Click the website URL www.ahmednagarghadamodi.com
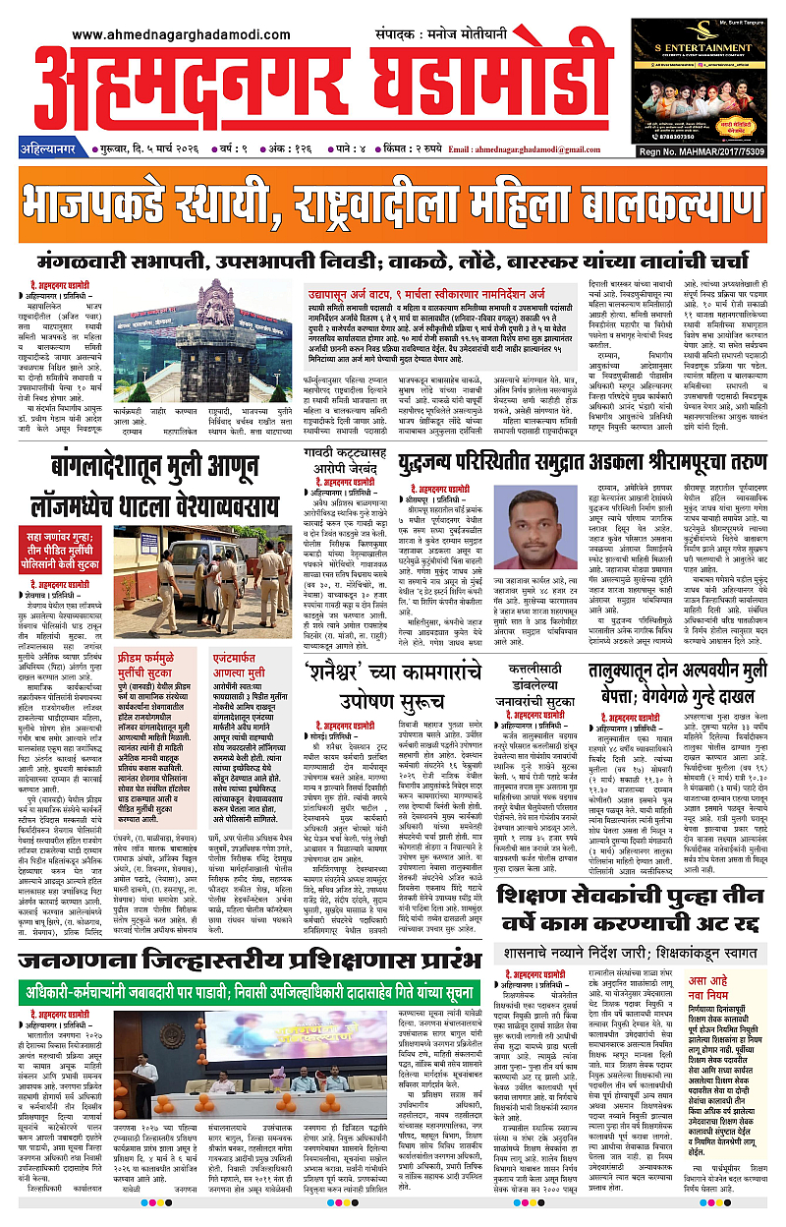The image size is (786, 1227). [182, 34]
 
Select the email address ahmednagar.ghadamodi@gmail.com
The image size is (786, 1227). [531, 149]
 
